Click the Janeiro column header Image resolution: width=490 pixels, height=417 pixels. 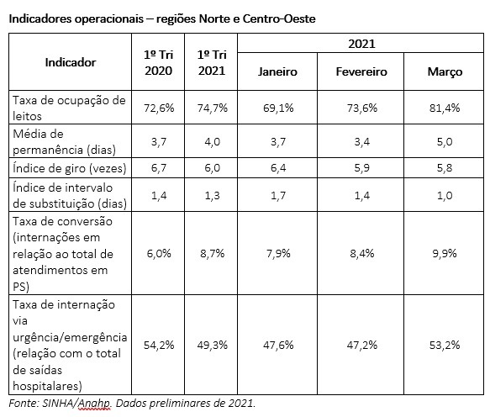[x=277, y=72]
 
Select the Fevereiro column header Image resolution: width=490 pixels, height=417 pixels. [x=361, y=72]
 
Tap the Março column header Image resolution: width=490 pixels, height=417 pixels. [x=445, y=72]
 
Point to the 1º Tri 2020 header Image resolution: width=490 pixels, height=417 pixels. [x=159, y=62]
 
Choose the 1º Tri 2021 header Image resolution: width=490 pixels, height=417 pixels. [x=212, y=62]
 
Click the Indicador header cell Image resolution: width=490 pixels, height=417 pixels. [x=71, y=62]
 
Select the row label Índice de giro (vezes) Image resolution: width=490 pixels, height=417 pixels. [x=70, y=168]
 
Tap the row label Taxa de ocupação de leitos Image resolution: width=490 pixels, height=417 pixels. [x=69, y=108]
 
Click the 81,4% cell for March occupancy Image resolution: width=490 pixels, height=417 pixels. [x=445, y=108]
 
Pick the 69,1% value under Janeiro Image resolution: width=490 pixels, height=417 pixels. [x=278, y=108]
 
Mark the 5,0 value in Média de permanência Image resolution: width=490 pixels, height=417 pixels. [x=445, y=142]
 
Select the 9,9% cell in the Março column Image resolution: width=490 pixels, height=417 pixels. [x=445, y=253]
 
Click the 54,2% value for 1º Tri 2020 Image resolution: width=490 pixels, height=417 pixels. [x=159, y=345]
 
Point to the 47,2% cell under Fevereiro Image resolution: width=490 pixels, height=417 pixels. [x=362, y=345]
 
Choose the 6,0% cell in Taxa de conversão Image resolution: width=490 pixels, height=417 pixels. [x=159, y=253]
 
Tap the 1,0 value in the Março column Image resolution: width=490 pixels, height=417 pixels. [x=445, y=196]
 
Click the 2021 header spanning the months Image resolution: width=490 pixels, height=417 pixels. [x=361, y=44]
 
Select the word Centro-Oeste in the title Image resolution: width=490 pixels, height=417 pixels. [x=279, y=18]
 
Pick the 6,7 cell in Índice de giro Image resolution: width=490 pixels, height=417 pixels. [x=159, y=168]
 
